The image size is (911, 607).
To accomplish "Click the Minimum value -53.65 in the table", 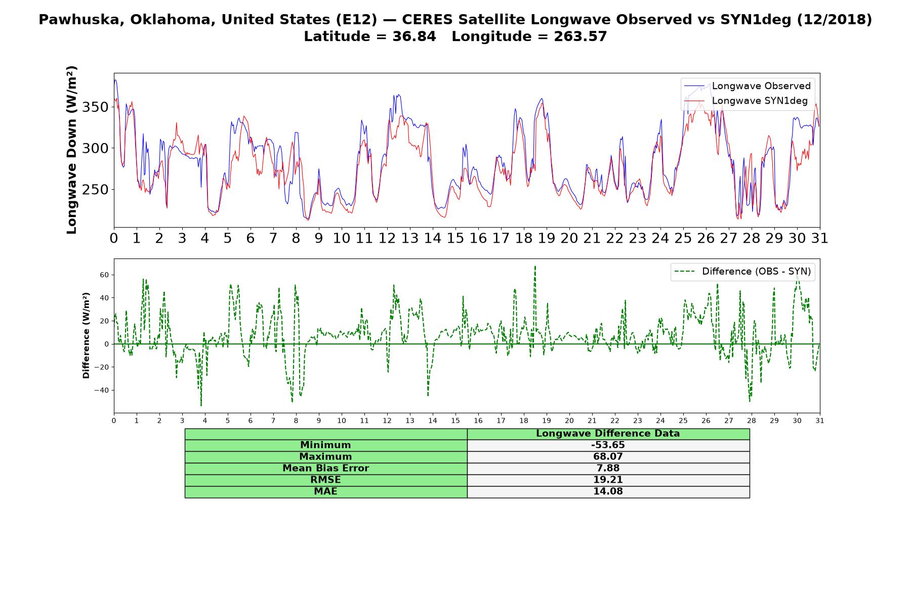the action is click(x=608, y=445).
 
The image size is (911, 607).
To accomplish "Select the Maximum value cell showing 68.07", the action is click(x=608, y=457).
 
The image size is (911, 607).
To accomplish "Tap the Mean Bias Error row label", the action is click(x=325, y=468).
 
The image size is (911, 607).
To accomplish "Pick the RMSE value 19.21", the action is click(x=608, y=480).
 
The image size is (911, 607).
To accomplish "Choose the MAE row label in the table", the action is click(x=325, y=492).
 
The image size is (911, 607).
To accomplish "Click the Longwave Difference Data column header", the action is click(x=608, y=433).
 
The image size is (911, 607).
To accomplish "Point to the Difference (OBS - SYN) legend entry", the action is click(x=742, y=272).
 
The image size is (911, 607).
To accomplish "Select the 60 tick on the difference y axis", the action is click(x=104, y=275).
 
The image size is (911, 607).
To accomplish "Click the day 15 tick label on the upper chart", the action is click(x=455, y=238).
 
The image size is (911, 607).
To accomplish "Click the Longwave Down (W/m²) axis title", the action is click(x=72, y=150).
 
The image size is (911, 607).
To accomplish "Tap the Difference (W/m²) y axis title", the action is click(x=86, y=335).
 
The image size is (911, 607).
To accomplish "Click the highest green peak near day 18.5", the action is click(x=535, y=266).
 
